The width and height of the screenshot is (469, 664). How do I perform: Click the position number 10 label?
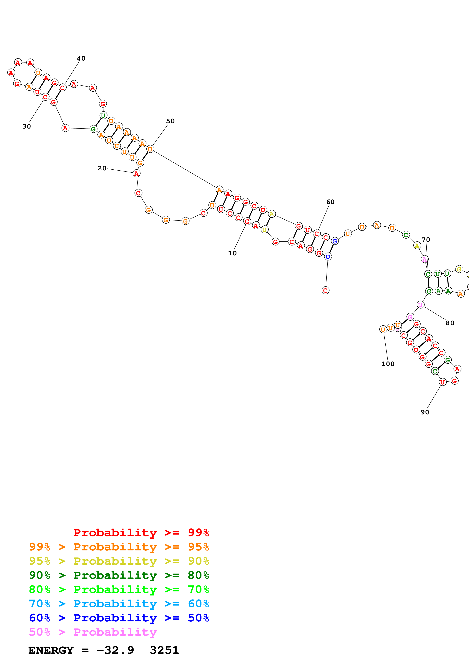click(x=232, y=253)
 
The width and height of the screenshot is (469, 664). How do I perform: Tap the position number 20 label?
click(x=102, y=168)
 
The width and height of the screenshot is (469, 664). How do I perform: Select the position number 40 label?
click(x=81, y=58)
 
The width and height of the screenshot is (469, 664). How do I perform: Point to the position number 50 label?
click(x=170, y=121)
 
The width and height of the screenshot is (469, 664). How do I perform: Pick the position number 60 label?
click(x=330, y=202)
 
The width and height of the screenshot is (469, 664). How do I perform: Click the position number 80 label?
click(x=450, y=323)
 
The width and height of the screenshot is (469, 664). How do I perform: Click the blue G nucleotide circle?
click(x=335, y=241)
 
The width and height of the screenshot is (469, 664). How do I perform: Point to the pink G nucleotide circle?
click(x=410, y=317)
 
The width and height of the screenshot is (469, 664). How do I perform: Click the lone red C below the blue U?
click(x=325, y=290)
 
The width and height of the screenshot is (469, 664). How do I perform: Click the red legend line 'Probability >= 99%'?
click(x=141, y=533)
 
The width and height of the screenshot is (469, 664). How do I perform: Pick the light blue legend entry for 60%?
click(x=119, y=604)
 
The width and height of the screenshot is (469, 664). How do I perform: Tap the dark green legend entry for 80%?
click(x=119, y=575)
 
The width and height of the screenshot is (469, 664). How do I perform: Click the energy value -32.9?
click(x=115, y=650)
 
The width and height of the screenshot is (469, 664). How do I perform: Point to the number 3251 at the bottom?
click(x=164, y=650)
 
